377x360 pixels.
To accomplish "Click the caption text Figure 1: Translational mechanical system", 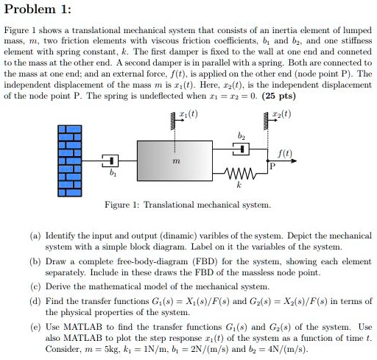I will (x=188, y=204).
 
